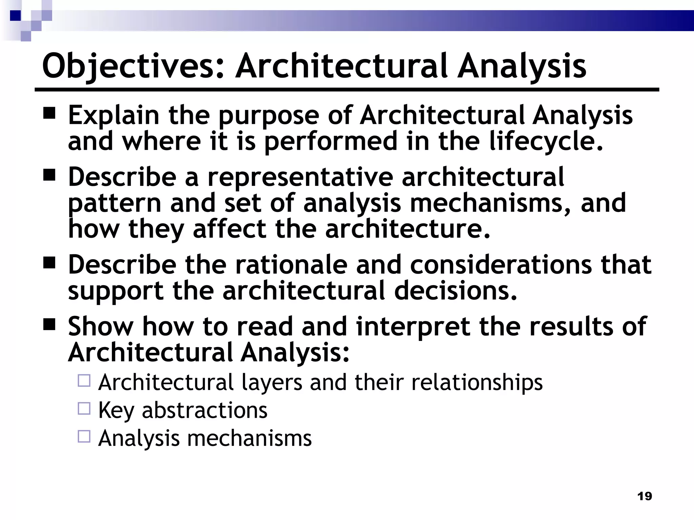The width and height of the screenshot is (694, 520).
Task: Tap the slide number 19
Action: click(x=644, y=496)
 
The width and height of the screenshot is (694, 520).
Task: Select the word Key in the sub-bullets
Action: click(x=116, y=411)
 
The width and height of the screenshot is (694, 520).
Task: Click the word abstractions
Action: click(x=205, y=411)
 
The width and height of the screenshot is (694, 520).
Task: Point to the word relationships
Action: click(x=477, y=383)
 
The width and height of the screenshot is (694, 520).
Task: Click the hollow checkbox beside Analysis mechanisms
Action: click(x=84, y=436)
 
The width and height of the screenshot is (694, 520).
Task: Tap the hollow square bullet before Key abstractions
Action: click(x=84, y=409)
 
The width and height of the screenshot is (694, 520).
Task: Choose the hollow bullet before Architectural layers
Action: click(x=84, y=381)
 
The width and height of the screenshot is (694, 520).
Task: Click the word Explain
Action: click(x=114, y=115)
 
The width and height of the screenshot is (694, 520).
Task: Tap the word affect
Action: click(x=229, y=229)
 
